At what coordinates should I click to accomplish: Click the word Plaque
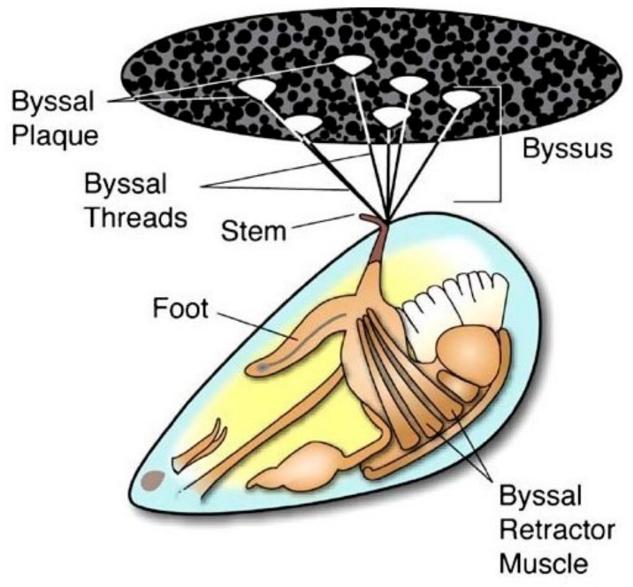point(52,137)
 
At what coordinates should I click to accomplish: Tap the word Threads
point(135,216)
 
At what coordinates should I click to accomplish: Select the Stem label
point(253,232)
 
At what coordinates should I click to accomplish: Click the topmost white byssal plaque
point(351,64)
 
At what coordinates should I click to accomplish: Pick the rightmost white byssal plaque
point(462,97)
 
